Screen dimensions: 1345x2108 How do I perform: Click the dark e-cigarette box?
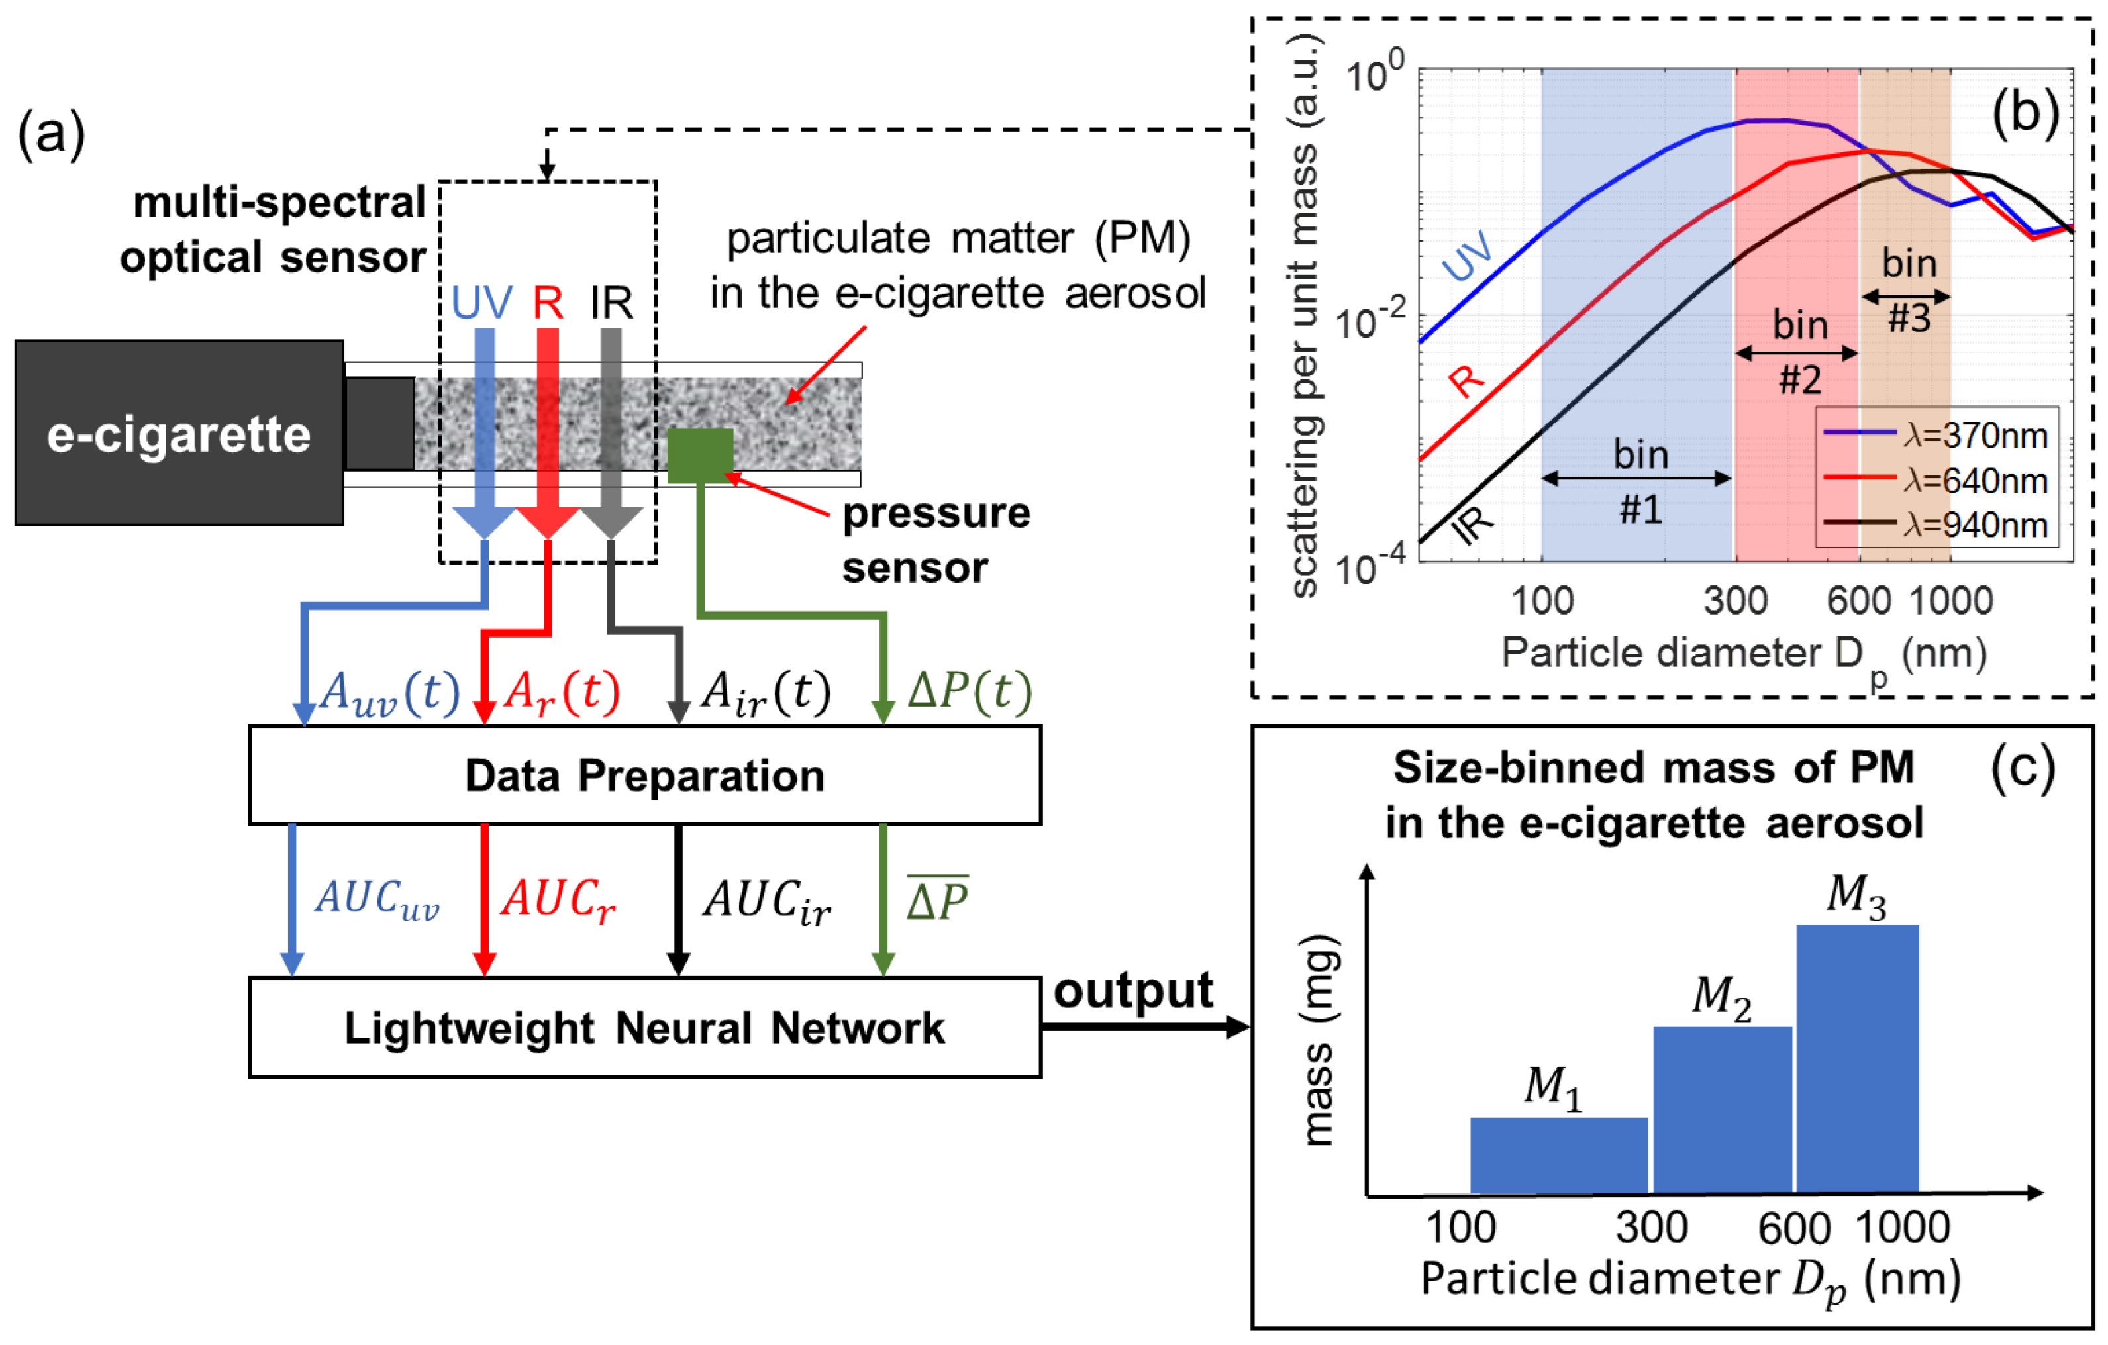coord(179,432)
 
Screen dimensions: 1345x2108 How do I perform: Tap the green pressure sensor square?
coord(699,456)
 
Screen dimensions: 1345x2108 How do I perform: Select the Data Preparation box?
coord(644,776)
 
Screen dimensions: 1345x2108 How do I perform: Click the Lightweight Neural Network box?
coord(644,1027)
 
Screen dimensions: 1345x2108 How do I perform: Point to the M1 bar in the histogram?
coord(1558,1155)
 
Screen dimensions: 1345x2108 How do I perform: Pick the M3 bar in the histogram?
coord(1857,1059)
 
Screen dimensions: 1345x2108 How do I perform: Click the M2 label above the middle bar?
coord(1721,997)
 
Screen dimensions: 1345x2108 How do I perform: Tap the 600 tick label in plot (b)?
coord(1858,601)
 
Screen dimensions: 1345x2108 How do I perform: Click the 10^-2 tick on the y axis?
coord(1370,321)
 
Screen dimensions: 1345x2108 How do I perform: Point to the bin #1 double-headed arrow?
coord(1636,478)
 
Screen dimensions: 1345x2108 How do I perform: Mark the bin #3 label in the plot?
coord(1909,290)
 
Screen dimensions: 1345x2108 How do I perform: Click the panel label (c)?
coord(2022,769)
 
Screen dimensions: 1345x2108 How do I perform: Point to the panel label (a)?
coord(51,134)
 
